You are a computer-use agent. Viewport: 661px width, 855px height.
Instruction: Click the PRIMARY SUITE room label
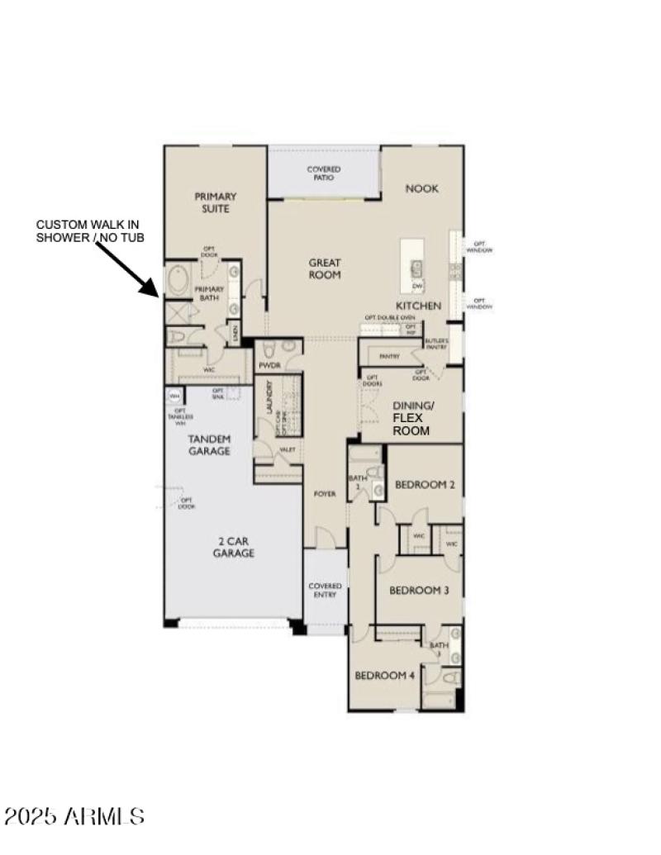tap(215, 202)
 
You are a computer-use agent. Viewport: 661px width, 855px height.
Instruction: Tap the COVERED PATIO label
tap(324, 173)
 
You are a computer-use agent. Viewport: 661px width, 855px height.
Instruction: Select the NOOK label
tap(421, 188)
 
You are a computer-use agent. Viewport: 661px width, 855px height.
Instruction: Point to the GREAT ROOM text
tap(325, 268)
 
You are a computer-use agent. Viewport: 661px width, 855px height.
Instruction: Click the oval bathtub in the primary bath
tap(178, 282)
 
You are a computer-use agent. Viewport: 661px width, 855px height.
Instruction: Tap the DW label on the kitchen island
tap(417, 286)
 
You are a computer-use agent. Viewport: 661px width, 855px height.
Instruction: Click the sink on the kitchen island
tap(417, 268)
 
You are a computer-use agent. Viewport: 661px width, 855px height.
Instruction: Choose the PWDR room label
tap(269, 364)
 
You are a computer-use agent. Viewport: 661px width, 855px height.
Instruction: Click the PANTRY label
tap(389, 357)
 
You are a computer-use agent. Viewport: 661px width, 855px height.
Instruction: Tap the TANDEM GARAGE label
tap(209, 444)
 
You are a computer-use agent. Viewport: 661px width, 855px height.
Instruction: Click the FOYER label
tap(325, 494)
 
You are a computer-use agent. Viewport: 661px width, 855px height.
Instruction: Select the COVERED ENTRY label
tap(325, 591)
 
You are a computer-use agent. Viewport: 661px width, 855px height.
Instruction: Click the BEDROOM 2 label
tap(425, 485)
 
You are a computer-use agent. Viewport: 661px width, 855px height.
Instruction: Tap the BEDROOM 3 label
tap(419, 590)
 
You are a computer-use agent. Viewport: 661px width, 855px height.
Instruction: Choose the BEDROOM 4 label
tap(385, 675)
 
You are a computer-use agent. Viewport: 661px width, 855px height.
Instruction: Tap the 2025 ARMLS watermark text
tap(74, 816)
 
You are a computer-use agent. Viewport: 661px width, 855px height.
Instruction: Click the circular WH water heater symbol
tap(174, 397)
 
